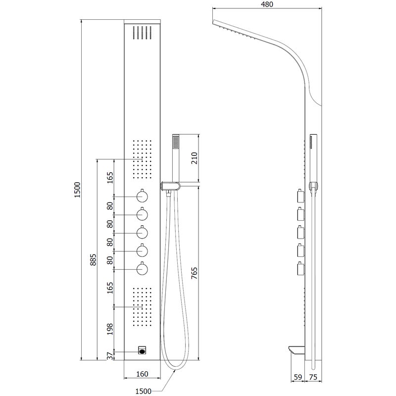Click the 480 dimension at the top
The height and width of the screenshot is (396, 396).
point(267,4)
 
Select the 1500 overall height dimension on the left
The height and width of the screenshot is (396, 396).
point(77,190)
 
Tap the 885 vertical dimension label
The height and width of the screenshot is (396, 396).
point(93,259)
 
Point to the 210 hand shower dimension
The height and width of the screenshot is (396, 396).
point(194,158)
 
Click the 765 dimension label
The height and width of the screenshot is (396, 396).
point(194,273)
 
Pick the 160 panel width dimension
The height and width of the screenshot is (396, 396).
point(142,374)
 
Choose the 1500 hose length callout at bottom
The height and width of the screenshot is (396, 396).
point(144,391)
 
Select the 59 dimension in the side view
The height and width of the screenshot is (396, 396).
point(298,377)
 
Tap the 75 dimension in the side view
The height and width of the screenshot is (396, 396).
point(313,377)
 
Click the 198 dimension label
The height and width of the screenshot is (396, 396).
point(110,329)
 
